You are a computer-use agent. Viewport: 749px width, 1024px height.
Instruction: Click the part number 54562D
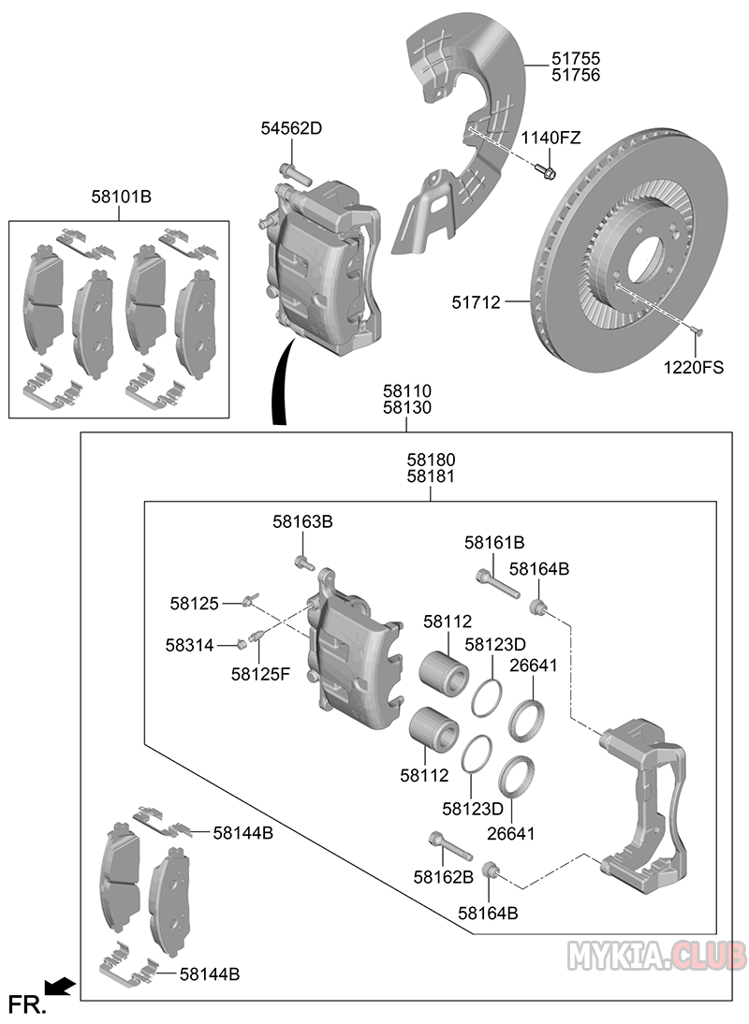[x=291, y=128]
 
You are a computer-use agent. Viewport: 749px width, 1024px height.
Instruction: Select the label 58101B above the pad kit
[x=122, y=197]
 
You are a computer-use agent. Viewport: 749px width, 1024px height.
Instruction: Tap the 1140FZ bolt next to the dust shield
[x=549, y=171]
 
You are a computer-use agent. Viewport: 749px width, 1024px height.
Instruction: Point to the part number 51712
[x=477, y=302]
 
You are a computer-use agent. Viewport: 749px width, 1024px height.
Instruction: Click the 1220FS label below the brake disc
[x=694, y=367]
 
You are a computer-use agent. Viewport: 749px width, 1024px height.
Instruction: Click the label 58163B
[x=302, y=521]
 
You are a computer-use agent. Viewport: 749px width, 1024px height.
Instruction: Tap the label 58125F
[x=261, y=674]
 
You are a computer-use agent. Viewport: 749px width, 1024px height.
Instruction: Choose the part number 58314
[x=190, y=645]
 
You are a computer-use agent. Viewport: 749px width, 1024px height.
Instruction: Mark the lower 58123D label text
[x=473, y=807]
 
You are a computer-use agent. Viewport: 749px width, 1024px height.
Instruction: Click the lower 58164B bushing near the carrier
[x=489, y=871]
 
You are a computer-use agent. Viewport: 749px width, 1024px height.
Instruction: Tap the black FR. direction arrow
[x=61, y=985]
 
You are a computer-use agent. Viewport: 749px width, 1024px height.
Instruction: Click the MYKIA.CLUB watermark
[x=657, y=955]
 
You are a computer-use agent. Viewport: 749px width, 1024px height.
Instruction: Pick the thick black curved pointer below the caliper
[x=278, y=384]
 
